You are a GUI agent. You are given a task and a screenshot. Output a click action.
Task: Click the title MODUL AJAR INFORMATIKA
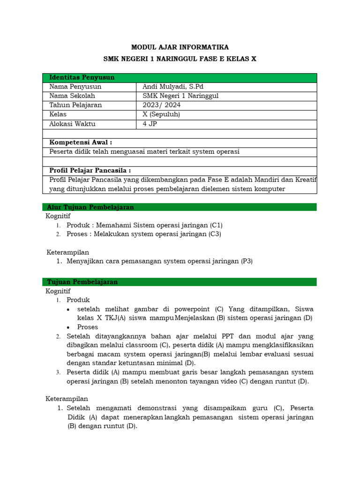(x=180, y=47)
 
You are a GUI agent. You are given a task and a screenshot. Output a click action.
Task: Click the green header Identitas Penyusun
(x=82, y=77)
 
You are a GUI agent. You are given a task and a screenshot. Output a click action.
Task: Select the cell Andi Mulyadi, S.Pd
(x=173, y=87)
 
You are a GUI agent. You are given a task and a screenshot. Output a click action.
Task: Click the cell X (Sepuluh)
(x=161, y=114)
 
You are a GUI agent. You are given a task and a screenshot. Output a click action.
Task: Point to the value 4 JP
(x=150, y=124)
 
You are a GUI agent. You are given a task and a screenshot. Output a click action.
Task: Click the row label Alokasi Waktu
(x=72, y=124)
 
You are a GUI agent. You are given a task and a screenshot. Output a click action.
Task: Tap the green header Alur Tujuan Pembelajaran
(x=90, y=207)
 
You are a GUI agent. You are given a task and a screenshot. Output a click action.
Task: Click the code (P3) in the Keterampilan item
(x=247, y=262)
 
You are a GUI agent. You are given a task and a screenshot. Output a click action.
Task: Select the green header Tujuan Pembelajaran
(x=82, y=282)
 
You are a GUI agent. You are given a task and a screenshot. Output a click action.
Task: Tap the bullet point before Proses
(x=69, y=327)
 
